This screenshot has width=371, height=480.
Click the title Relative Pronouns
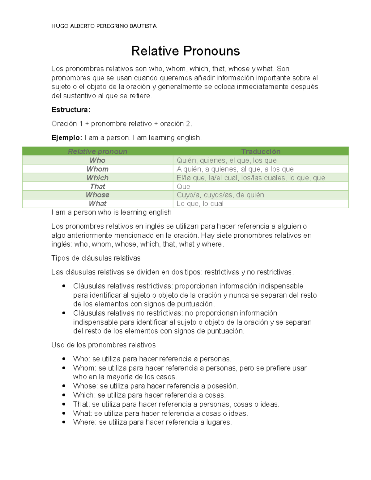tap(185, 51)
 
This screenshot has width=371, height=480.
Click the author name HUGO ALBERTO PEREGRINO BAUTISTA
tap(104, 26)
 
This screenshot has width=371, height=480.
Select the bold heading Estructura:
tap(71, 110)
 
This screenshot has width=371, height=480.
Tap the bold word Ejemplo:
tap(67, 138)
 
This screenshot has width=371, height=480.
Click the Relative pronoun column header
tap(97, 151)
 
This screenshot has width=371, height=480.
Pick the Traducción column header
tap(261, 151)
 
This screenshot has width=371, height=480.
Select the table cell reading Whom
tap(97, 169)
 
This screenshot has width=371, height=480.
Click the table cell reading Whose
tap(97, 195)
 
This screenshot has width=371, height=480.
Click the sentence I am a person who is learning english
tap(112, 212)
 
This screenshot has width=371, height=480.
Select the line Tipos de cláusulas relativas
tap(96, 258)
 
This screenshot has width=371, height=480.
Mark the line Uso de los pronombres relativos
tap(104, 345)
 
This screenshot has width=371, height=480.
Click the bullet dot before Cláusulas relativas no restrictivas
tap(64, 313)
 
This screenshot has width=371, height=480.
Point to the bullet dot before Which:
tap(64, 395)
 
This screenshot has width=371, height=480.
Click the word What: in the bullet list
tap(83, 413)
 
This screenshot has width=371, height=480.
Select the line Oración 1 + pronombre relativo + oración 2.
tap(122, 124)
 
